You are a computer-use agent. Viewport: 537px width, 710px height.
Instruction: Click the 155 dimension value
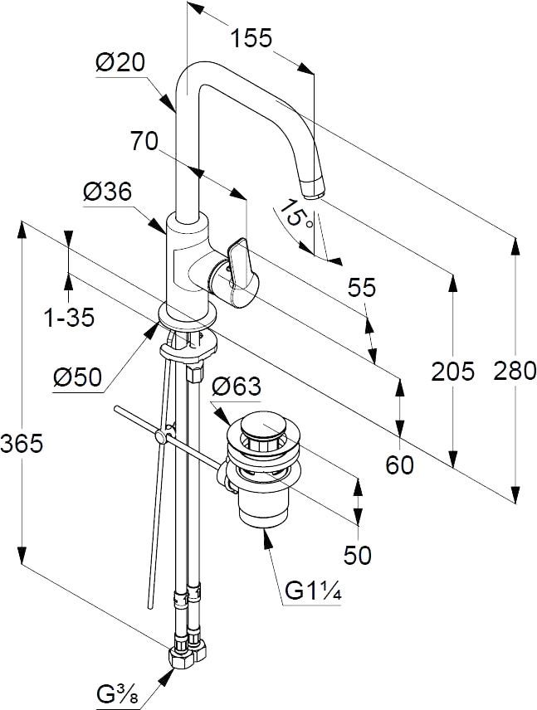(251, 38)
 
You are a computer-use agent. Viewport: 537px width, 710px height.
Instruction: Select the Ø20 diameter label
(120, 63)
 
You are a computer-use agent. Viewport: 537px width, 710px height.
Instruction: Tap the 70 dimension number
(144, 141)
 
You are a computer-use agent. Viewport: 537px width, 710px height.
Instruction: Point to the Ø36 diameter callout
(107, 192)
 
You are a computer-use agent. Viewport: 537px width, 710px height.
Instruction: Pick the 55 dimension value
(361, 288)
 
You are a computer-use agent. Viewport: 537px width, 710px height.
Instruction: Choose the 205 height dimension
(453, 371)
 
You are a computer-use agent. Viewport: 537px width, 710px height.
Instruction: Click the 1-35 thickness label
(69, 316)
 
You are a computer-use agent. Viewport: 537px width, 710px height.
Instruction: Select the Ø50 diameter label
(77, 378)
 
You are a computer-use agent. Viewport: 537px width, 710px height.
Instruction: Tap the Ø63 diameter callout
(236, 387)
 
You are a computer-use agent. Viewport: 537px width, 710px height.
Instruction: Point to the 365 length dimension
(21, 444)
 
